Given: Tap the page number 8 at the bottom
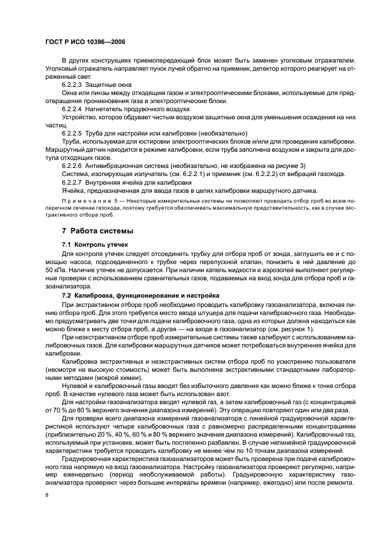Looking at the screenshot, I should click(47, 495).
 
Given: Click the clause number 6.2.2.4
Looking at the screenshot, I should click(72, 108).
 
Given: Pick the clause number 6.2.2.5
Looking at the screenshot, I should click(72, 133).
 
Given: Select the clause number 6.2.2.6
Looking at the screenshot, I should click(72, 166).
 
